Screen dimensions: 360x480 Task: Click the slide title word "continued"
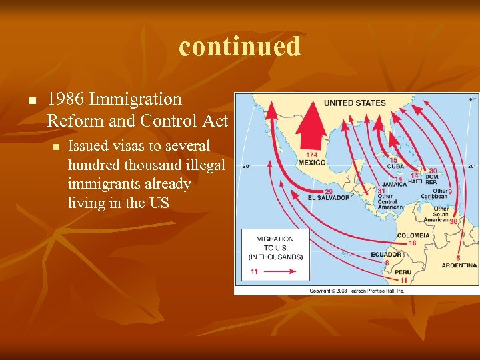pos(240,47)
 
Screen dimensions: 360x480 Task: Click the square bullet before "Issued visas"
pos(56,147)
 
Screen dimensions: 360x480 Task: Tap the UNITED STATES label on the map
pos(355,103)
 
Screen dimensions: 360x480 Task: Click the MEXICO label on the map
pos(311,162)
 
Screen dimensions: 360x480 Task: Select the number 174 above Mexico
pos(312,155)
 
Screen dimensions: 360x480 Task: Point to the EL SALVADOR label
pos(329,198)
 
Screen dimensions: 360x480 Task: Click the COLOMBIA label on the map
pos(413,235)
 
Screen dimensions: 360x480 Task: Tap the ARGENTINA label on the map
pos(459,265)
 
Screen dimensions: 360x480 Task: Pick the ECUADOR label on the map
pos(386,254)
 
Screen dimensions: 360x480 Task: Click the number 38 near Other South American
pos(453,222)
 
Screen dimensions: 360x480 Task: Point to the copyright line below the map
pos(357,291)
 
